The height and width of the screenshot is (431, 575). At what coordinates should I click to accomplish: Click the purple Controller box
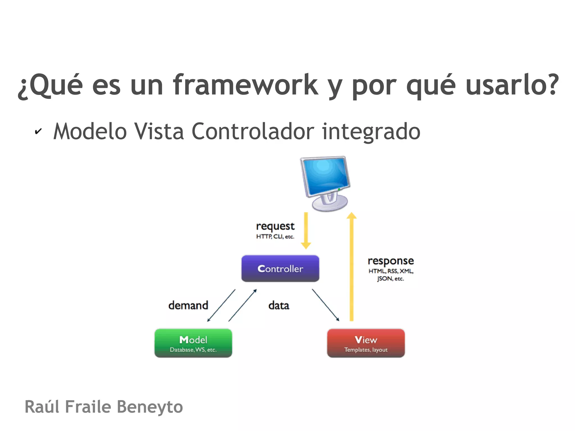(x=280, y=268)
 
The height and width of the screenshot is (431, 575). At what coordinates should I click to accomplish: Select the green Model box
(x=193, y=343)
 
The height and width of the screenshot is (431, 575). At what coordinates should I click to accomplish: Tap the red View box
(x=366, y=343)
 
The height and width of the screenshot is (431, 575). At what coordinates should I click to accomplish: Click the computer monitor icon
(x=326, y=183)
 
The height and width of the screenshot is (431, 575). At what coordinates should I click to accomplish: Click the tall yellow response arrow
(x=352, y=267)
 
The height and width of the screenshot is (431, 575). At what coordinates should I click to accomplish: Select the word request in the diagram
(x=275, y=226)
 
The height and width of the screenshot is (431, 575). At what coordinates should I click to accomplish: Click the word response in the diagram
(x=391, y=261)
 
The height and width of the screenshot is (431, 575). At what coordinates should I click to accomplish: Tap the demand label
(x=188, y=305)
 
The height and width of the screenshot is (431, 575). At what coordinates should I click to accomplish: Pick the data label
(x=279, y=305)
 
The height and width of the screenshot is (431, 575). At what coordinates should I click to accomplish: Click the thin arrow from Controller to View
(x=325, y=305)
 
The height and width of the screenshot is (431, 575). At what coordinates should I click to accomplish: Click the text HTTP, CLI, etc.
(x=275, y=237)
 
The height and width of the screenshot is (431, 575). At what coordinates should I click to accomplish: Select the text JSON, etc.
(x=390, y=279)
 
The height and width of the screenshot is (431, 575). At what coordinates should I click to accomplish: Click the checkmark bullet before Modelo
(x=38, y=131)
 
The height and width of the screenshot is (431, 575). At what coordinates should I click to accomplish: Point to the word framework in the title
(x=245, y=85)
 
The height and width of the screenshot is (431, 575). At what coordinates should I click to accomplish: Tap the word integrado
(x=371, y=131)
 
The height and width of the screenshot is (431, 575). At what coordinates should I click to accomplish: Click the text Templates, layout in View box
(x=366, y=350)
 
